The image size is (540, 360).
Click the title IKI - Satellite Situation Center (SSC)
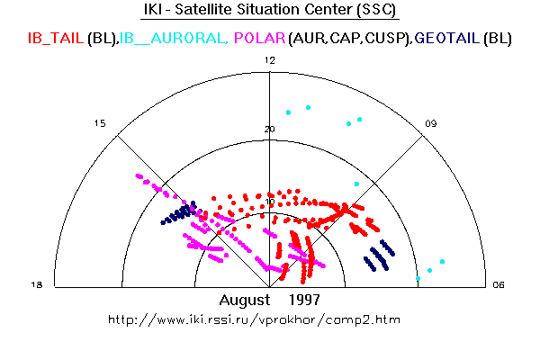270,9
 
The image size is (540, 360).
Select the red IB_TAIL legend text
56,38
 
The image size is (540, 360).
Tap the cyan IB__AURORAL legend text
174,38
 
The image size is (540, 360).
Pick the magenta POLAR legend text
260,38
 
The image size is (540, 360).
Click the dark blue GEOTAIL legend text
447,38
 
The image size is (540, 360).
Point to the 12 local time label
270,60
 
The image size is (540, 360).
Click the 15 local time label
100,123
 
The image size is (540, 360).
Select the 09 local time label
431,123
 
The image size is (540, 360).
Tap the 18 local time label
37,284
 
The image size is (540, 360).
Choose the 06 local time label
499,284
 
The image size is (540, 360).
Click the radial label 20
270,130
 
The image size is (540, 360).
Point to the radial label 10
270,202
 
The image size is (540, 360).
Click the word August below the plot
245,300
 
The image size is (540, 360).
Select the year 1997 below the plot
304,300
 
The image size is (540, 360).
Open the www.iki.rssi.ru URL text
254,320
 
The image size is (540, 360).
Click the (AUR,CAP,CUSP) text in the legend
350,38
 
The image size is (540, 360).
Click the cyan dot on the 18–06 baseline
418,278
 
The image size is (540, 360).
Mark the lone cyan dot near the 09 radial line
356,184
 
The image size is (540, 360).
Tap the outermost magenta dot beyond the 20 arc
139,176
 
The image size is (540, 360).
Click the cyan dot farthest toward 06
443,262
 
